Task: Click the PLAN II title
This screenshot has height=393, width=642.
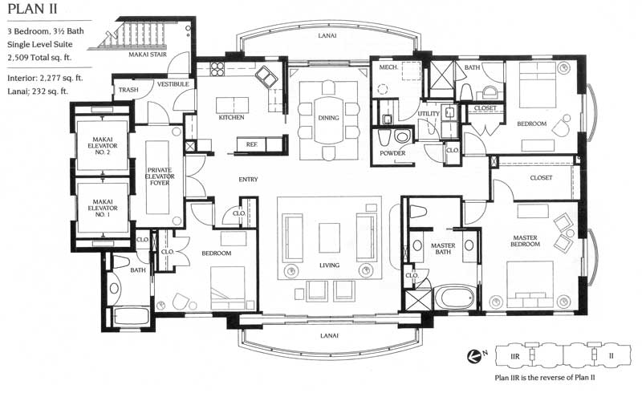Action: click(32, 9)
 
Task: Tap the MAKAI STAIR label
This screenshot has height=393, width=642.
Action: click(148, 54)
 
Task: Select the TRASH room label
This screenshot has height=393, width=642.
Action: click(128, 90)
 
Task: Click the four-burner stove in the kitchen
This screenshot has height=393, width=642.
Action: click(217, 69)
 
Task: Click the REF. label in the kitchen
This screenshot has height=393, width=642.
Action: click(252, 144)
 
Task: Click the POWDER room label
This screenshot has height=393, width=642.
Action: click(392, 153)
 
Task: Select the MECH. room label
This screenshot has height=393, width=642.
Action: click(388, 67)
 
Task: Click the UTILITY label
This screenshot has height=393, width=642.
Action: click(429, 113)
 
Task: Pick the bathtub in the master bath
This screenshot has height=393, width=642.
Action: click(453, 298)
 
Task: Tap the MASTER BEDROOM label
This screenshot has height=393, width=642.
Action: click(526, 241)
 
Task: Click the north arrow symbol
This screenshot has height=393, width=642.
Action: click(474, 356)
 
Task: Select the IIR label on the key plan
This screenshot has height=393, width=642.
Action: click(515, 357)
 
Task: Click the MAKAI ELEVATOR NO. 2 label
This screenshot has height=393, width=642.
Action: click(103, 146)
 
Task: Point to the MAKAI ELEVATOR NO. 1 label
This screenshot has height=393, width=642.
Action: click(103, 208)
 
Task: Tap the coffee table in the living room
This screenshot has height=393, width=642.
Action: click(329, 238)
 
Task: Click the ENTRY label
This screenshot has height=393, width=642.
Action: click(248, 180)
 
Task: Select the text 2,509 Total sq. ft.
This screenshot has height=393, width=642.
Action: click(39, 58)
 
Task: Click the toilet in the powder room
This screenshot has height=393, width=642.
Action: click(402, 136)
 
